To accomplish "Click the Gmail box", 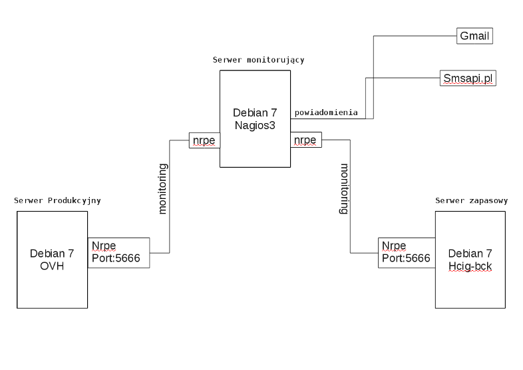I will [x=474, y=37].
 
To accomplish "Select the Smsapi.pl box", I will [x=468, y=79].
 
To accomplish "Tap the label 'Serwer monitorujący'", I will [x=258, y=60].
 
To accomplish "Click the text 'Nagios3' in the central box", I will [x=255, y=124].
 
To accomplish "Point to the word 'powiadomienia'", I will [x=326, y=112].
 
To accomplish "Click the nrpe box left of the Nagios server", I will [x=204, y=140].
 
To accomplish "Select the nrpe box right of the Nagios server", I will [x=306, y=140].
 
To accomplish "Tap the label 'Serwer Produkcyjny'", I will [x=57, y=200].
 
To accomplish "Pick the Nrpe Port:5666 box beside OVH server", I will [x=118, y=253].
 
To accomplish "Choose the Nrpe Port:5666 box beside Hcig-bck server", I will [x=407, y=253].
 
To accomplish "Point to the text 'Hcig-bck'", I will [x=470, y=266].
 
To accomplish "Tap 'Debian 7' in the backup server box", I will [x=470, y=254].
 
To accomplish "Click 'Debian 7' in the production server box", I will [x=52, y=253].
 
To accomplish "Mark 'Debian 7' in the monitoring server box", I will [x=255, y=112].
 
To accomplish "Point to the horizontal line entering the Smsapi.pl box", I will [x=403, y=79].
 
